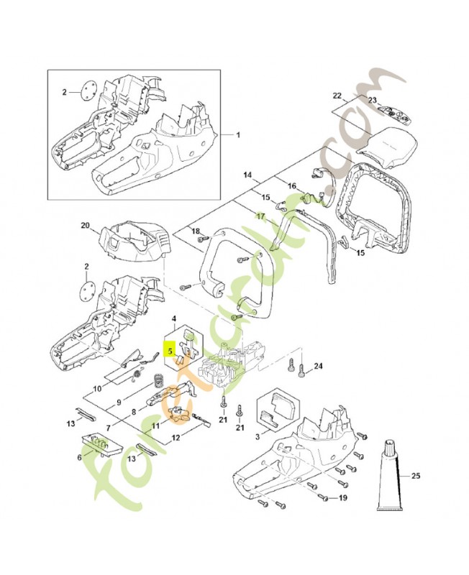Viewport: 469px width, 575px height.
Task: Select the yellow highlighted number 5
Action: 170,351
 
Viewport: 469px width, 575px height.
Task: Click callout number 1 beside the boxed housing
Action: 240,134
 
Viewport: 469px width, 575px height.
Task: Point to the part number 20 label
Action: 84,226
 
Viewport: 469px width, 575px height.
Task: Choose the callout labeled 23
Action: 373,100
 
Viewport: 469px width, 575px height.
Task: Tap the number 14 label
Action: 247,175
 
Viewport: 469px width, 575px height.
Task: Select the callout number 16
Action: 292,186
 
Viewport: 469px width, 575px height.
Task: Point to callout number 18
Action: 194,230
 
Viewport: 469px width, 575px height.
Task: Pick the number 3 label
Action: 258,436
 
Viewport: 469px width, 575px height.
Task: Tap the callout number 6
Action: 80,456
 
